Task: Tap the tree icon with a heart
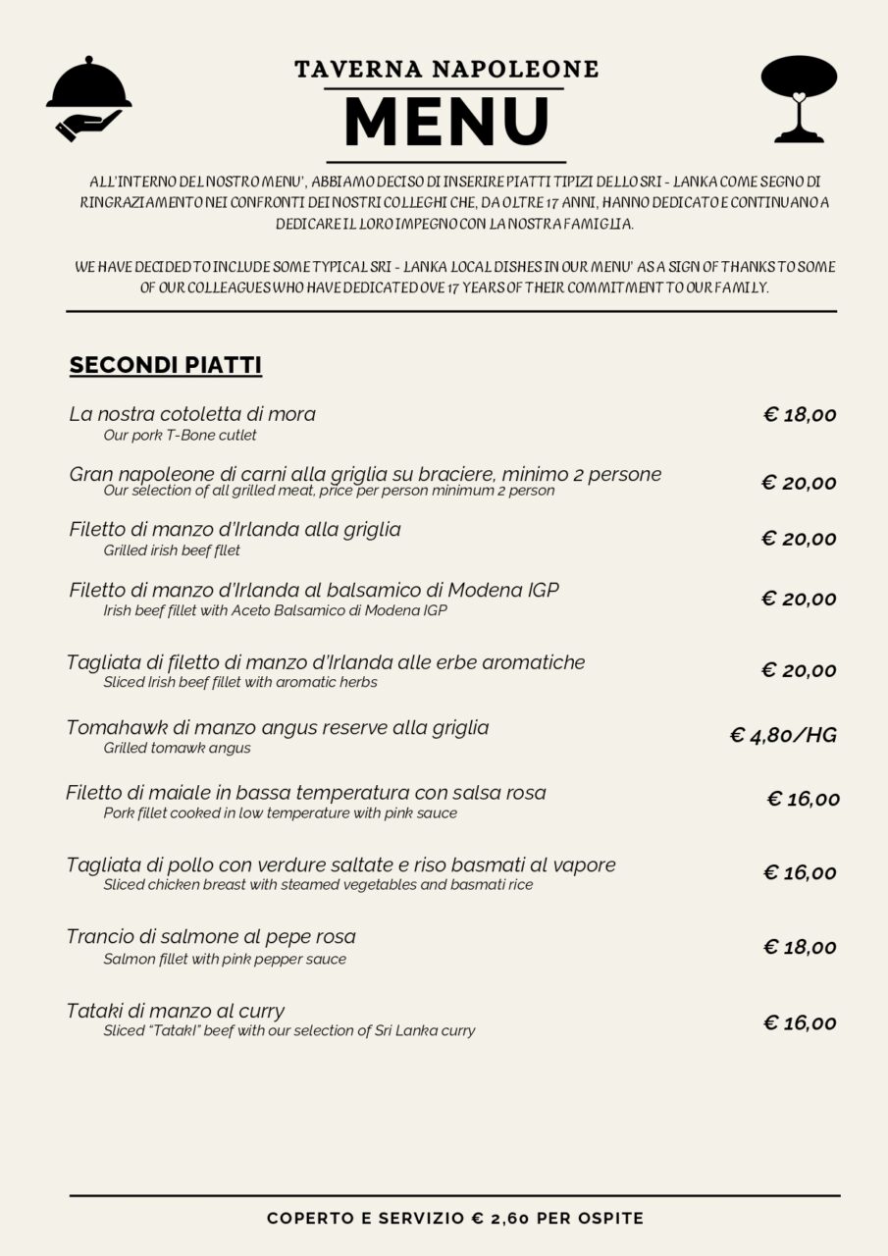point(799,98)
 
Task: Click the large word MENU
point(446,123)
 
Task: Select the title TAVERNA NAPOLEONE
point(446,69)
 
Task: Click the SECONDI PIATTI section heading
point(165,366)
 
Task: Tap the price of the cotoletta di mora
point(800,415)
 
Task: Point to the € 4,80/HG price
point(783,735)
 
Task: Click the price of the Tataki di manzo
point(800,1023)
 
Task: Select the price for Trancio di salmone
point(800,947)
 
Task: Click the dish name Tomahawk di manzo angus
point(278,728)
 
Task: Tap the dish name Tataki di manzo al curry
point(176,1011)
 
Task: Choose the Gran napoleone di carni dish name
point(365,474)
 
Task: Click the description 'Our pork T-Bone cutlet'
point(181,435)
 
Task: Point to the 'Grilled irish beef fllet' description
point(172,550)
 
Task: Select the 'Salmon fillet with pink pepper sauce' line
point(225,960)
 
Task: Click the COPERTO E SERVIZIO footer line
point(455,1219)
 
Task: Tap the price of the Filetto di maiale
point(803,800)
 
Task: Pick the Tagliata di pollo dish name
point(340,865)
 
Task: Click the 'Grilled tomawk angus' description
point(177,749)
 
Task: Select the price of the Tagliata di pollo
point(800,873)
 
